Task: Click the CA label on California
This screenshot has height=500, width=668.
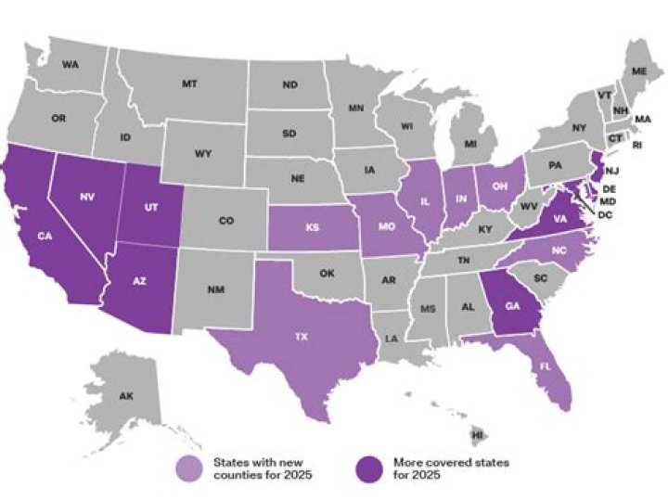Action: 44,236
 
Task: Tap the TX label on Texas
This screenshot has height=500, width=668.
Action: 299,338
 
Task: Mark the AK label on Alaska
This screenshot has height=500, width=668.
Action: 126,396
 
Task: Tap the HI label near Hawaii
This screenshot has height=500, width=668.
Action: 478,434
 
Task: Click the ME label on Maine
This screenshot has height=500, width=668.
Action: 639,71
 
